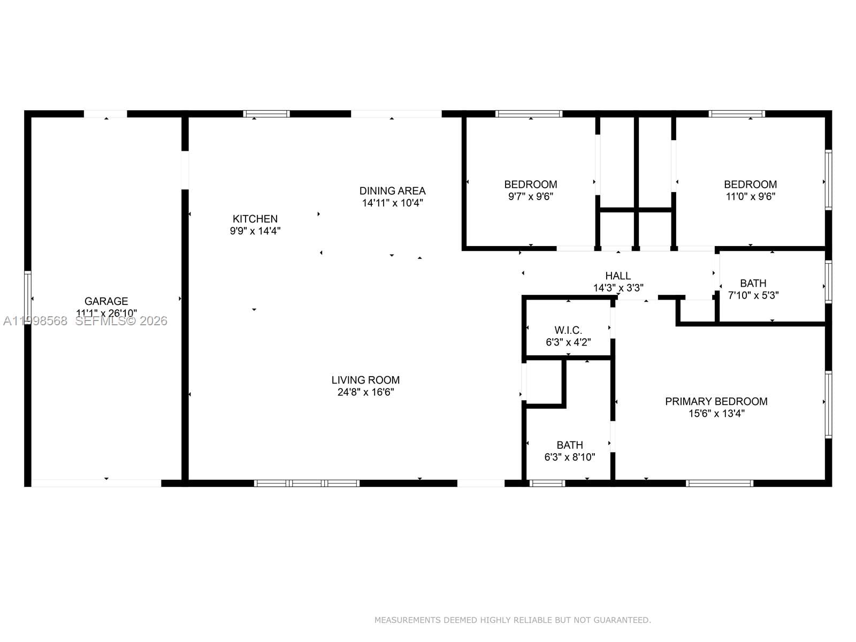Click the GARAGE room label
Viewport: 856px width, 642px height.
[106, 301]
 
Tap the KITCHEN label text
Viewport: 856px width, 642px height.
[255, 219]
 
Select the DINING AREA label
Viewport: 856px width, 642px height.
[392, 190]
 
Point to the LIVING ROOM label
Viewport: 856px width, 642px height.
[365, 380]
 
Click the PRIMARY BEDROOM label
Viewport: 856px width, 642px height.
[716, 401]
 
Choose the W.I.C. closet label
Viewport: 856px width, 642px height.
[568, 330]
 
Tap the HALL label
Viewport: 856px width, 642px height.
[618, 276]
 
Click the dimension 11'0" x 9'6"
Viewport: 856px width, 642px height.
[750, 196]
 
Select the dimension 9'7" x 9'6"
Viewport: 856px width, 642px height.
[530, 196]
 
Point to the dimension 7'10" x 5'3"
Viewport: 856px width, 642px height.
[753, 295]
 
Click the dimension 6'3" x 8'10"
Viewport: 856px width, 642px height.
[569, 457]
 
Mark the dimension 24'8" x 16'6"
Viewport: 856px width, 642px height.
[365, 392]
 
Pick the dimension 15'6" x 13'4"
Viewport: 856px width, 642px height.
[716, 414]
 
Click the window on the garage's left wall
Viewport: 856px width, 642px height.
[28, 298]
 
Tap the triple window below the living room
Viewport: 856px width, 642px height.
[307, 483]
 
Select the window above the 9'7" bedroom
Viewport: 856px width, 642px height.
[529, 113]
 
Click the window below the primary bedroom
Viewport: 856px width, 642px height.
[720, 483]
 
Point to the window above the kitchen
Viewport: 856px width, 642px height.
[266, 113]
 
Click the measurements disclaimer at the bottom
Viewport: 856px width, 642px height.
[512, 620]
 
